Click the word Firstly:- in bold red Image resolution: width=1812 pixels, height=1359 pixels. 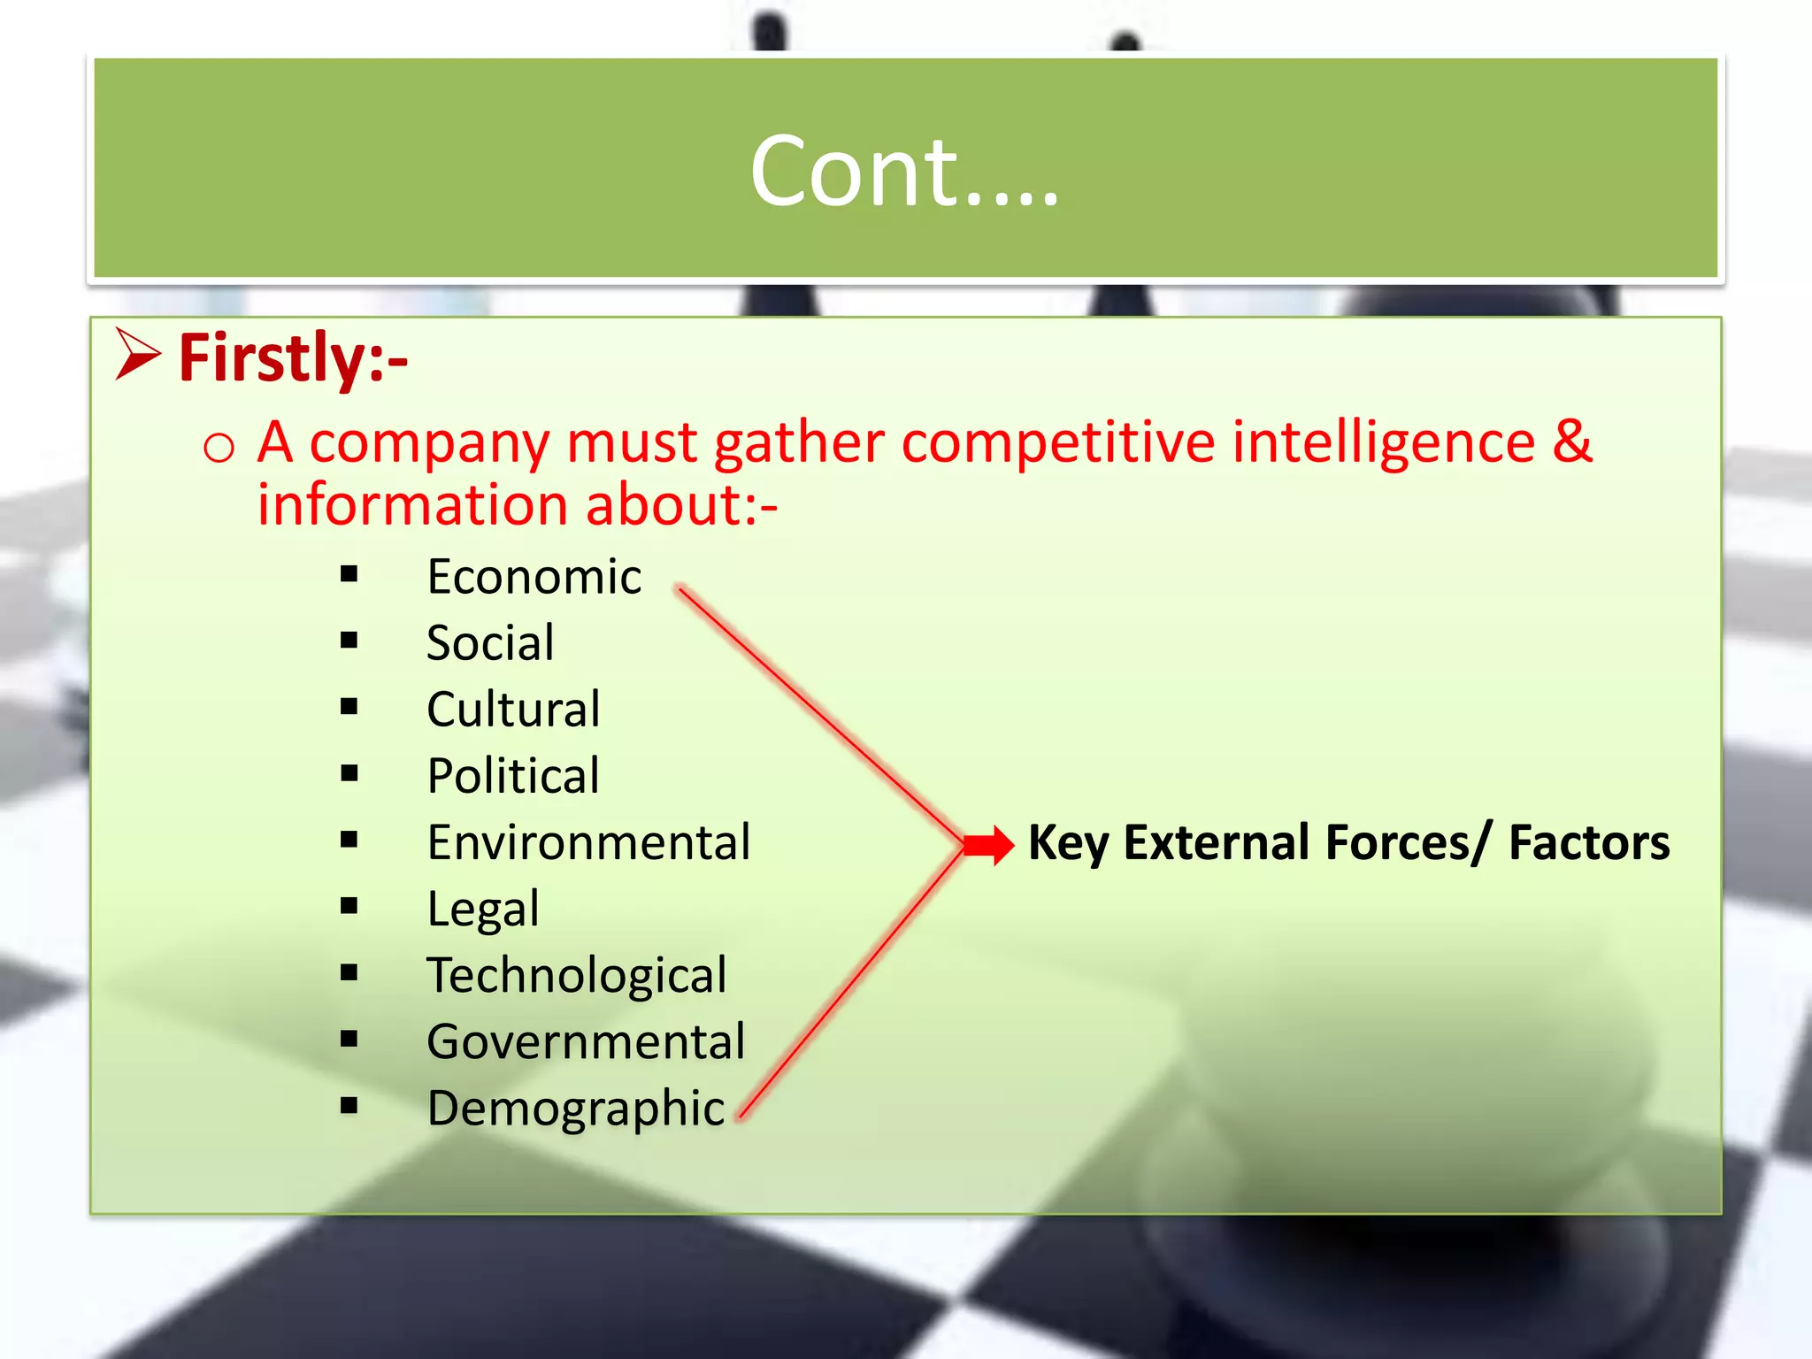(x=293, y=358)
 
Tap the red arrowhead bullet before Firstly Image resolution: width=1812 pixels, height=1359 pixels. (x=138, y=355)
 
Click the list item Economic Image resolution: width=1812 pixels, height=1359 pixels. (x=534, y=577)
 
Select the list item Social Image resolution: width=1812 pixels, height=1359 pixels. (x=490, y=642)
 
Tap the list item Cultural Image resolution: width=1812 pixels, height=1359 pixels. (x=513, y=710)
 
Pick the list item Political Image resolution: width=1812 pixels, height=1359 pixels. (x=513, y=776)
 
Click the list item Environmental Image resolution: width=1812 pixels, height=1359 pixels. (x=588, y=842)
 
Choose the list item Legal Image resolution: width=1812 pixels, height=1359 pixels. (x=483, y=910)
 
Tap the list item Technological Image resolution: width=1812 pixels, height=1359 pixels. (x=577, y=975)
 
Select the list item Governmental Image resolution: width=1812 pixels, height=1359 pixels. (x=586, y=1041)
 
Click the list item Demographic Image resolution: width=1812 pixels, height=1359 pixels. (x=576, y=1109)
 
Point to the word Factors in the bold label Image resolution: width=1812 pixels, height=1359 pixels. (x=1589, y=842)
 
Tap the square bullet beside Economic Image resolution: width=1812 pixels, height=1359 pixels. (x=349, y=575)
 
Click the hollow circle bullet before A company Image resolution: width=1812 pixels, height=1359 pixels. (x=219, y=448)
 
